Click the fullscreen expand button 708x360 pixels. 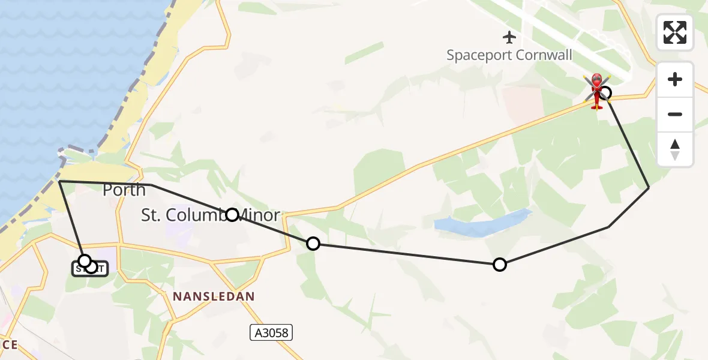[675, 32]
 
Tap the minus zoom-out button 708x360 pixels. [675, 114]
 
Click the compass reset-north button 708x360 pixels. [675, 149]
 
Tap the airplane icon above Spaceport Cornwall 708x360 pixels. [509, 37]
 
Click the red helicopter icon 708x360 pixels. [596, 91]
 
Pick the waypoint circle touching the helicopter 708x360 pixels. [605, 92]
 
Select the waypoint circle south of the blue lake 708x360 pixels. [499, 264]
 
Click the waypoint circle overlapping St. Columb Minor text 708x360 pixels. [232, 214]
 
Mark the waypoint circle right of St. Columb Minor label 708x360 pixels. [313, 243]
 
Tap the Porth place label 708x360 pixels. [124, 190]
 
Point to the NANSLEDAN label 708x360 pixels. [214, 296]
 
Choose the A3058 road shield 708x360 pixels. [271, 332]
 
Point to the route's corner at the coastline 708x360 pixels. [59, 181]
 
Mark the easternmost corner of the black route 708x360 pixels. [649, 188]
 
